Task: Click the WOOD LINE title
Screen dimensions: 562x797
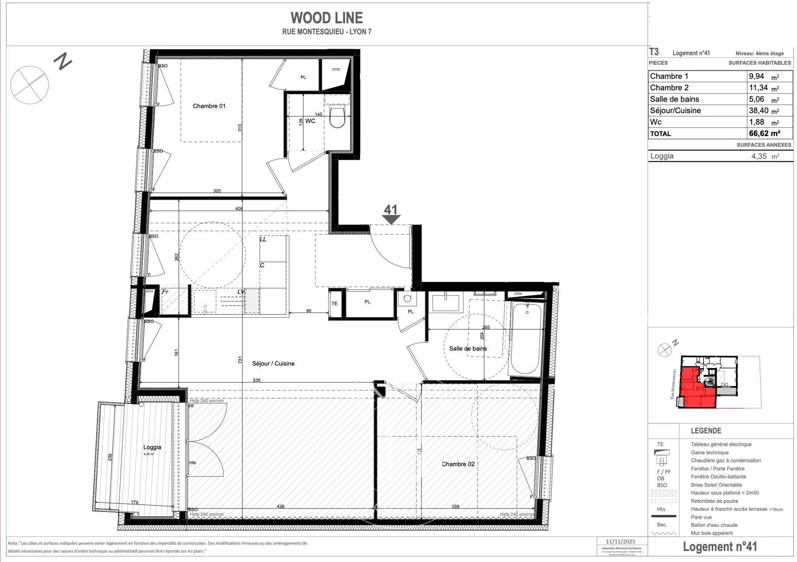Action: (x=327, y=18)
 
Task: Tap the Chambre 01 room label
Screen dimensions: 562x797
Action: (x=209, y=106)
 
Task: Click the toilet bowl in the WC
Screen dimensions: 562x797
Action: (x=337, y=118)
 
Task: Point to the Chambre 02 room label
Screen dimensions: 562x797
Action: (x=458, y=464)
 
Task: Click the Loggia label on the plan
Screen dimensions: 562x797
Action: (x=152, y=447)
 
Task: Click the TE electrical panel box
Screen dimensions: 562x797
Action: (x=334, y=303)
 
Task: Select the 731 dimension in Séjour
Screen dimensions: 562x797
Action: (x=240, y=359)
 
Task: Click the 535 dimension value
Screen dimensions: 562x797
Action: (x=257, y=380)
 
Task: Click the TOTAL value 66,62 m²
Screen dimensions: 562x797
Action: (x=764, y=133)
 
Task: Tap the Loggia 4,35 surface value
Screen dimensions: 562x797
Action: (x=759, y=156)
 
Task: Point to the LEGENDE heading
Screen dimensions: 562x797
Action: (x=706, y=431)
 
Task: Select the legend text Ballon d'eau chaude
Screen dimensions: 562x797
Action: (x=714, y=525)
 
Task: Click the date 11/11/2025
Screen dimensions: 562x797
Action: (x=621, y=541)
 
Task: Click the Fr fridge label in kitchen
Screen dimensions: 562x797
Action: (x=165, y=292)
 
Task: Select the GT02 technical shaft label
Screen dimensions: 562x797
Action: (x=336, y=69)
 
